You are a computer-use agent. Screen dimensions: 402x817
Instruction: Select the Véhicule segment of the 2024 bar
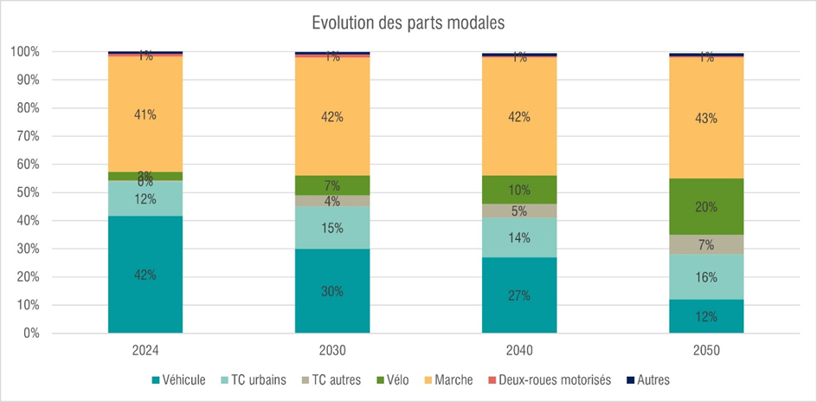[x=145, y=274]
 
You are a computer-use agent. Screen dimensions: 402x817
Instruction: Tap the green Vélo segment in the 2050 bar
[x=705, y=206]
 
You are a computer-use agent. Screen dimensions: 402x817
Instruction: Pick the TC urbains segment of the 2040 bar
[x=518, y=237]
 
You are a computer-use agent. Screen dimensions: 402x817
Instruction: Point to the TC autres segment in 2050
[x=705, y=245]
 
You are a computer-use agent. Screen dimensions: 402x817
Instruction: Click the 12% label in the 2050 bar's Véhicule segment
[x=706, y=317]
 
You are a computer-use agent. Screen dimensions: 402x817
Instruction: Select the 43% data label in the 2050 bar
[x=706, y=119]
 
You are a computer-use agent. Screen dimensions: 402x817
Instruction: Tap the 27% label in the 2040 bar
[x=519, y=295]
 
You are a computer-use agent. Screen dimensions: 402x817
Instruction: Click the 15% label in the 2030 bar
[x=332, y=229]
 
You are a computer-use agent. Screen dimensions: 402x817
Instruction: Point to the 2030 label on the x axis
[x=331, y=351]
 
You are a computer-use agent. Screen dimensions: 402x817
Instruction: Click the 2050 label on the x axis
[x=705, y=351]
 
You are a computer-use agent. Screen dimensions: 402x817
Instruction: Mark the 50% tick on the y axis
[x=25, y=192]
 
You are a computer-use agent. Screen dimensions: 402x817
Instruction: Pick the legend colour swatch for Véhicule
[x=156, y=380]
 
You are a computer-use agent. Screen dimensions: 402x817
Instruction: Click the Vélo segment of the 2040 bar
[x=518, y=190]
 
